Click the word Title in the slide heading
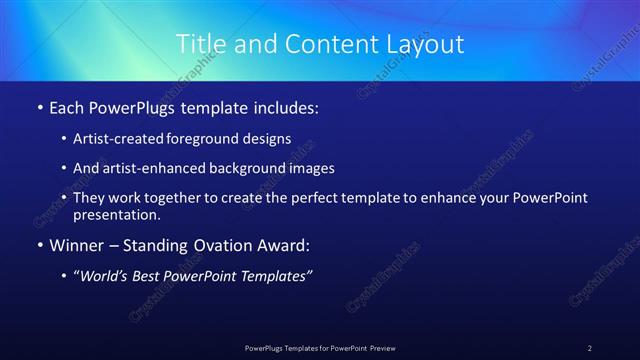tap(198, 44)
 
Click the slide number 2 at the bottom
tap(590, 348)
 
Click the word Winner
tap(78, 243)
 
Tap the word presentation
tap(115, 214)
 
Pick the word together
tap(174, 198)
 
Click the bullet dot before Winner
tap(39, 243)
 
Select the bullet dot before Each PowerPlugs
tap(39, 106)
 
